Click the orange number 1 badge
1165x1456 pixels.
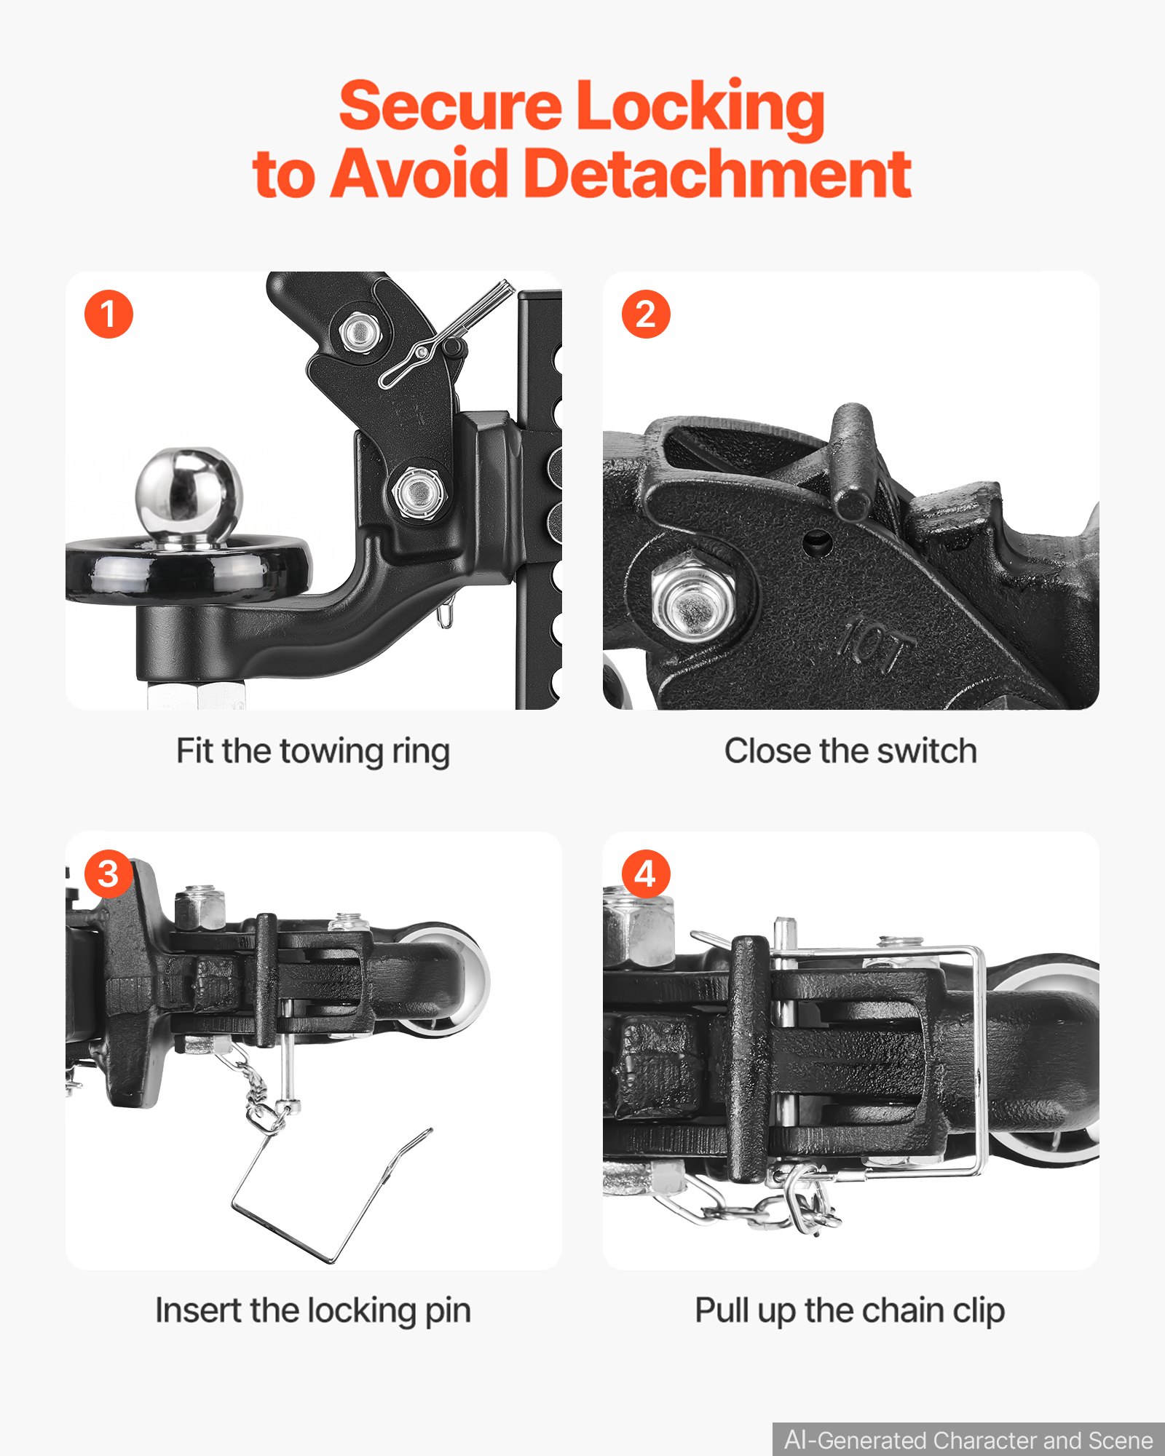[108, 314]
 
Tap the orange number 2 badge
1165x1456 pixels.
[645, 314]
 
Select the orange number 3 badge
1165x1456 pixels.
[108, 874]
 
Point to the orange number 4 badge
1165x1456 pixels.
[645, 874]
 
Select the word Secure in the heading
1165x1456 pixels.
[450, 106]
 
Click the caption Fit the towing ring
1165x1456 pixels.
[313, 751]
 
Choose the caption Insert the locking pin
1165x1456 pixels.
[313, 1310]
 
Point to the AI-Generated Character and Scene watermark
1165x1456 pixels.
[968, 1440]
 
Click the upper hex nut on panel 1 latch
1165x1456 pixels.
[358, 332]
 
